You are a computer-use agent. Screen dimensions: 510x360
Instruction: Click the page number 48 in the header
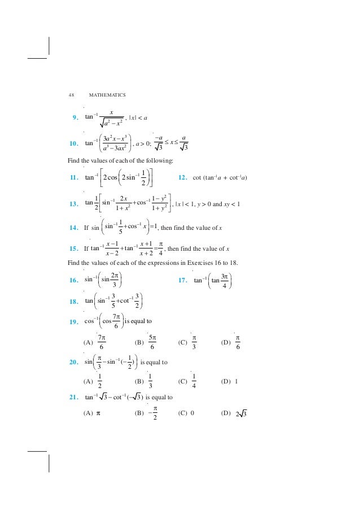(x=71, y=94)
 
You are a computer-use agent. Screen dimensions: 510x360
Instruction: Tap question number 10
(x=73, y=144)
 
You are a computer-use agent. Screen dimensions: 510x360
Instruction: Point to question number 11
(x=73, y=178)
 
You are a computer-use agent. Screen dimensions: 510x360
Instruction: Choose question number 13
(x=73, y=204)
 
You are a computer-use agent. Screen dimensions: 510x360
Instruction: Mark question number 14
(x=73, y=228)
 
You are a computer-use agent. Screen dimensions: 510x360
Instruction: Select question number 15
(x=73, y=249)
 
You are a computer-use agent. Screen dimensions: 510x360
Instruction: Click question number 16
(x=73, y=280)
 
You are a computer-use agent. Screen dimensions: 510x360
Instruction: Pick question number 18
(x=73, y=301)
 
